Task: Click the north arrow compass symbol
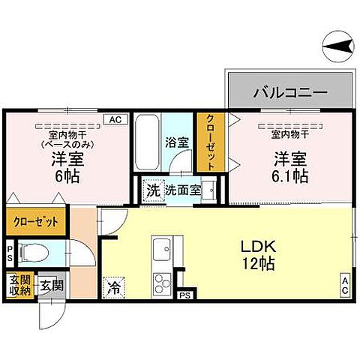pyautogui.click(x=337, y=47)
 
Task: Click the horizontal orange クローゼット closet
pyautogui.click(x=34, y=223)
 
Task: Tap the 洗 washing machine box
pyautogui.click(x=152, y=190)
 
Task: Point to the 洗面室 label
pyautogui.click(x=183, y=190)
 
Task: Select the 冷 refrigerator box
pyautogui.click(x=114, y=286)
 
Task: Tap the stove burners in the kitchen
pyautogui.click(x=163, y=283)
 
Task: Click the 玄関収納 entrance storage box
pyautogui.click(x=17, y=286)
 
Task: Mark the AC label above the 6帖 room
pyautogui.click(x=115, y=118)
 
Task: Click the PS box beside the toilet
pyautogui.click(x=10, y=251)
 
